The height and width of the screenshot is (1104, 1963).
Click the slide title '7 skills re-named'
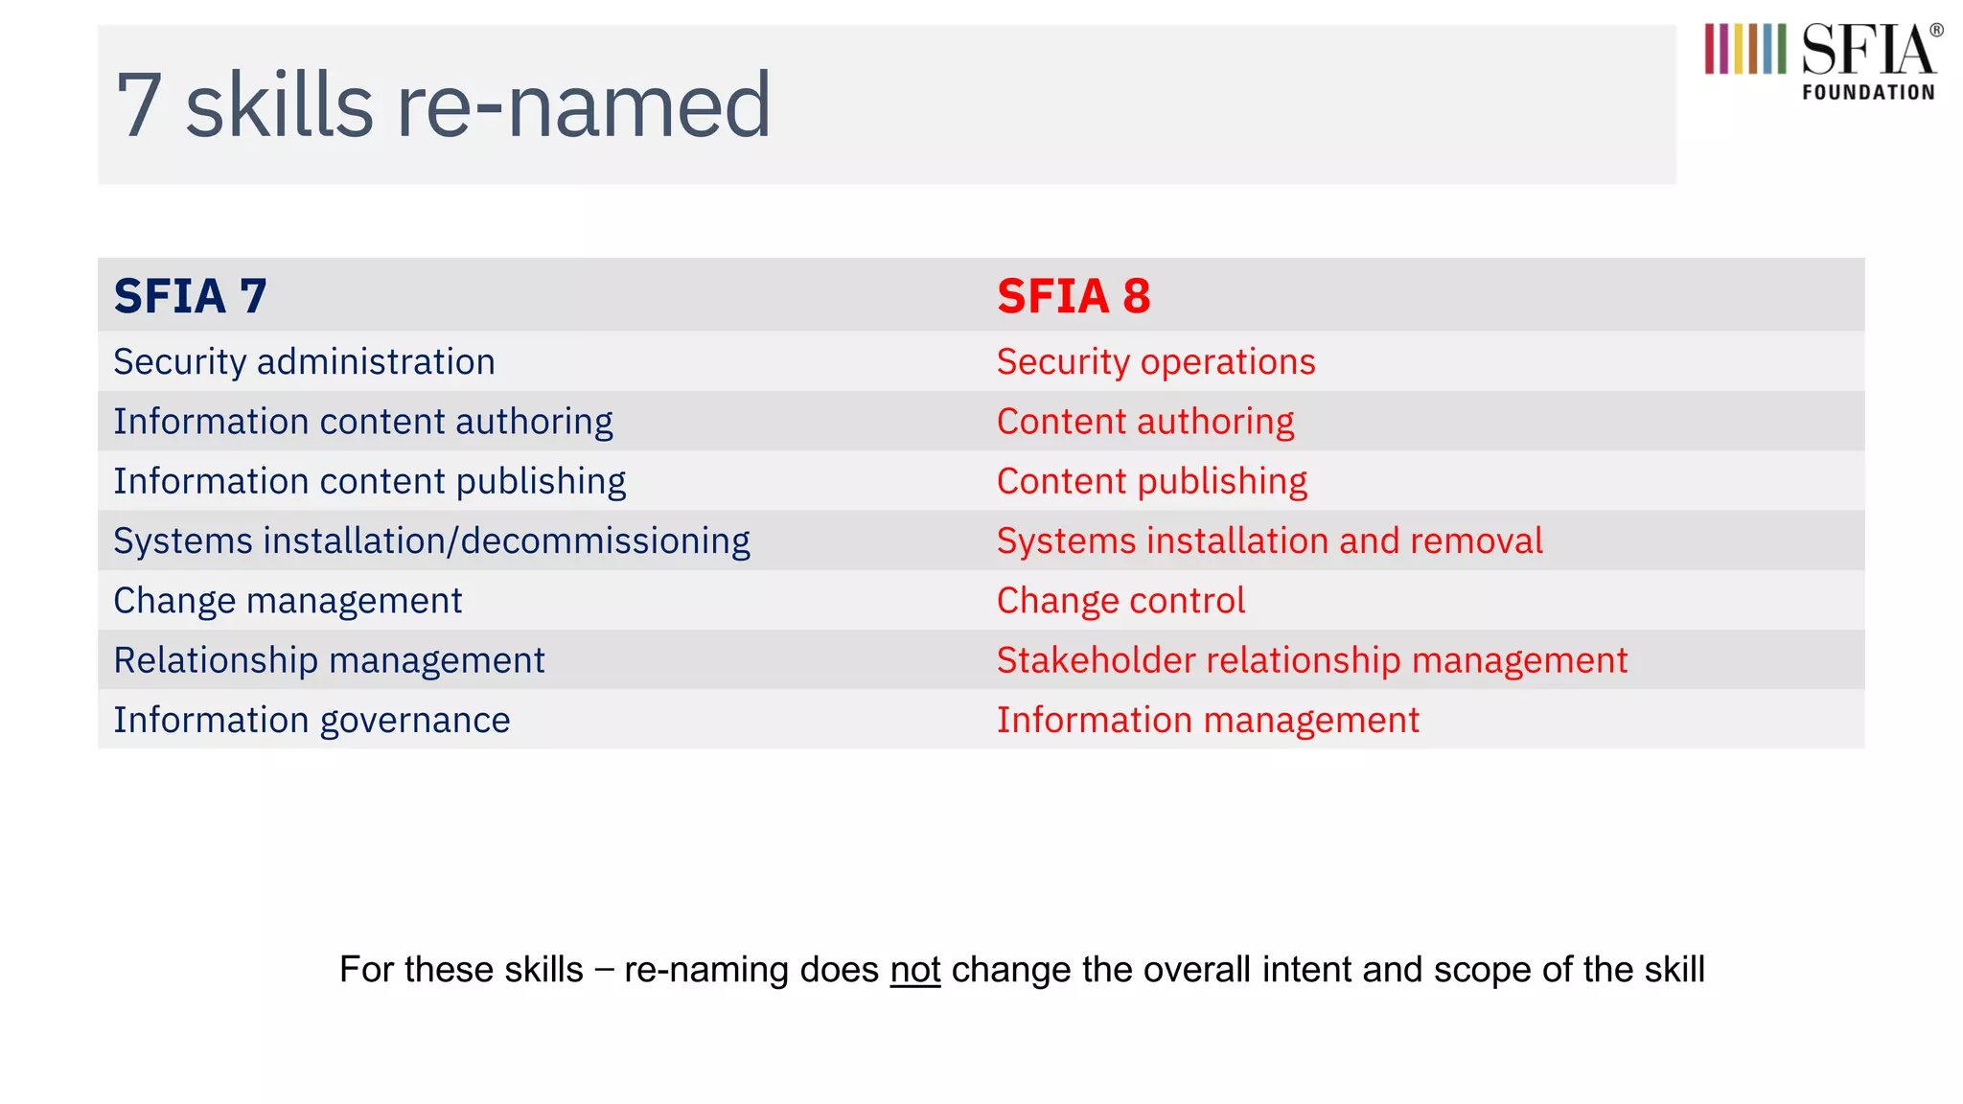point(443,105)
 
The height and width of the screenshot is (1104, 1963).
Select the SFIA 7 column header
point(190,295)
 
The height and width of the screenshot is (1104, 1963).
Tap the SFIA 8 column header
point(1073,295)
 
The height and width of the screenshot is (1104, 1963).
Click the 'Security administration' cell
point(304,362)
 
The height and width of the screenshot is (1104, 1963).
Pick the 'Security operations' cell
point(1155,362)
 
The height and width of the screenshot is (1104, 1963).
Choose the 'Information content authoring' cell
point(362,422)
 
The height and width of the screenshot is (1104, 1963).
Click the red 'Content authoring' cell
point(1144,422)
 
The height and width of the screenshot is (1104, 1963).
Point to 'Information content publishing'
point(369,481)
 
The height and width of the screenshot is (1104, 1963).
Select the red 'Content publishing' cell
point(1151,481)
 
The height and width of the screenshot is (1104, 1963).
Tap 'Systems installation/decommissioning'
point(431,541)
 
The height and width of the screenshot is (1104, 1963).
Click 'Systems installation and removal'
point(1269,541)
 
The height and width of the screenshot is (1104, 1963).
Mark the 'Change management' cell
point(288,601)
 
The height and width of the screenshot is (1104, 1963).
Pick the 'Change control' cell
point(1120,601)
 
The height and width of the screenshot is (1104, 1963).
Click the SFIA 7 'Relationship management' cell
point(329,660)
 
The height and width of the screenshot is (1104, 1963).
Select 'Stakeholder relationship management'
point(1311,660)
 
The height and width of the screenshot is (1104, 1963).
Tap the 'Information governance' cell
point(312,720)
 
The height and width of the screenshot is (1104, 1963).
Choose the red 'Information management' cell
point(1208,720)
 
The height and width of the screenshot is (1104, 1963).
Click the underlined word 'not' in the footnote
point(914,970)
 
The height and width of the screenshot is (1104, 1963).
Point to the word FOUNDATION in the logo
point(1868,93)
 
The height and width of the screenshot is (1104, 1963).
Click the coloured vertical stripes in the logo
point(1744,49)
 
